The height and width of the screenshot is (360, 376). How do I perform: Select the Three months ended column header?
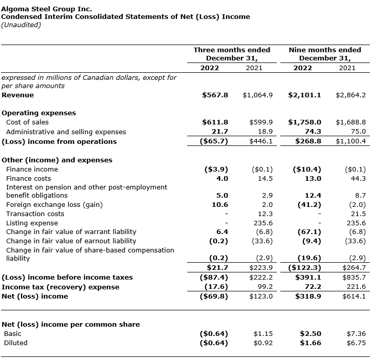(x=232, y=50)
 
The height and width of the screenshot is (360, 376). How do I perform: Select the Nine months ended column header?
(x=325, y=50)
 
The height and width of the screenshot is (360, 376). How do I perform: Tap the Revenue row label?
(x=18, y=95)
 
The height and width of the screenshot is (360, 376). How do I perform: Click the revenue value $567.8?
(x=215, y=95)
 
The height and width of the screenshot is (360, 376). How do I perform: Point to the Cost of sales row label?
(x=28, y=122)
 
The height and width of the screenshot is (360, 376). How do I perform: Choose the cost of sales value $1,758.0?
(x=304, y=122)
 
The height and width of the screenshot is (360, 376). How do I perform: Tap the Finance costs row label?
(x=29, y=178)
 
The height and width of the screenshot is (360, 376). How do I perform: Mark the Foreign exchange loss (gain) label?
(x=54, y=204)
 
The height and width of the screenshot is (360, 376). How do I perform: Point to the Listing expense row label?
(x=32, y=223)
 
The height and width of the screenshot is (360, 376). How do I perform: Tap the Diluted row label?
(x=15, y=343)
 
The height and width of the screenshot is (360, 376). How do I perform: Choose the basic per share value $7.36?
(x=356, y=333)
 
